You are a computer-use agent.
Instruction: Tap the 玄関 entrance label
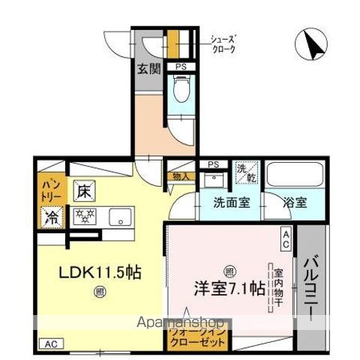click(x=148, y=70)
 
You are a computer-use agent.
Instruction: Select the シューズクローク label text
click(x=222, y=43)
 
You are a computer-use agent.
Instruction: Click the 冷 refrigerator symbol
click(x=50, y=219)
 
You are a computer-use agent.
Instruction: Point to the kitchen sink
click(x=118, y=218)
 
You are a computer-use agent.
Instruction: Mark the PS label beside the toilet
click(x=180, y=67)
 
